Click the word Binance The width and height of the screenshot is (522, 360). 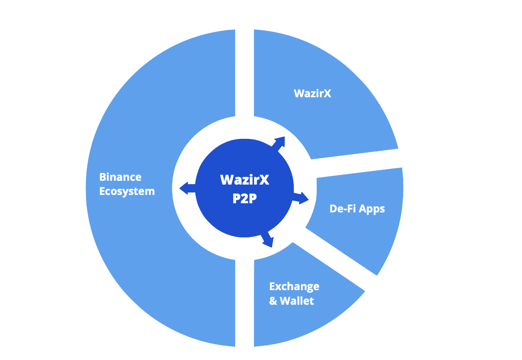120,177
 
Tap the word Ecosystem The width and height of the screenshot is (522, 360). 127,192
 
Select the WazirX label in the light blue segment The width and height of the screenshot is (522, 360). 312,94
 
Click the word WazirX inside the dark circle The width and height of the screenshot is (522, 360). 245,180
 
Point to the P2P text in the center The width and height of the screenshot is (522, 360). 245,198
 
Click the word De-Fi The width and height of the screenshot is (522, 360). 343,208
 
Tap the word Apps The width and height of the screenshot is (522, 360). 372,209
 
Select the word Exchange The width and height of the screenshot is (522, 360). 294,287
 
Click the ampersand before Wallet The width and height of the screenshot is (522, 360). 273,301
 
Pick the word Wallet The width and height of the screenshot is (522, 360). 297,301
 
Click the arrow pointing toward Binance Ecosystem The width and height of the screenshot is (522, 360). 187,188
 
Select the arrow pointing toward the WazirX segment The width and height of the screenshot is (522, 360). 278,144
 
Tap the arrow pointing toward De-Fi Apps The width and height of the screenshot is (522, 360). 300,198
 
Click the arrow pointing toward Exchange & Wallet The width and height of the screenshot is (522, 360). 267,239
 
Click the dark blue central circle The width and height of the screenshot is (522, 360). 244,188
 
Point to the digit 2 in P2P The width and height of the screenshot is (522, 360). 245,198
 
